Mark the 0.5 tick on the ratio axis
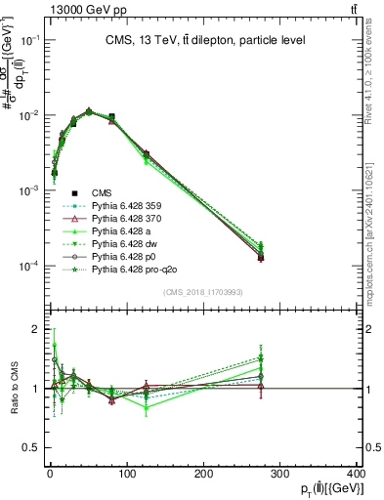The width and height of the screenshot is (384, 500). [31, 447]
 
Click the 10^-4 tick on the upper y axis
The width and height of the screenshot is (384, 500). [28, 266]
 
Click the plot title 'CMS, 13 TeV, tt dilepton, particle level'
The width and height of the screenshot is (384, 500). [206, 40]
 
